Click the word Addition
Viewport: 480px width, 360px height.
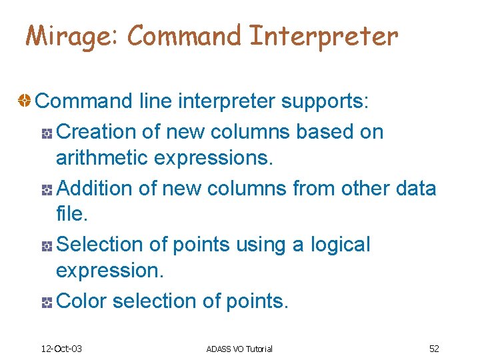96,189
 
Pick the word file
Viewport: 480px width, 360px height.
71,215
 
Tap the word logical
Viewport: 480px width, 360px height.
339,245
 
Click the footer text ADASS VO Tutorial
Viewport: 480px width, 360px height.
239,349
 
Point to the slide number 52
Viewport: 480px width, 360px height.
434,349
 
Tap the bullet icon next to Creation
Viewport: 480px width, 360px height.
47,133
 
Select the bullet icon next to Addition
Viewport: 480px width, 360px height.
47,190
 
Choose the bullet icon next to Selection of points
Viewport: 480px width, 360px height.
47,246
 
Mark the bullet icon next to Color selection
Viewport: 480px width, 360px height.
47,303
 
